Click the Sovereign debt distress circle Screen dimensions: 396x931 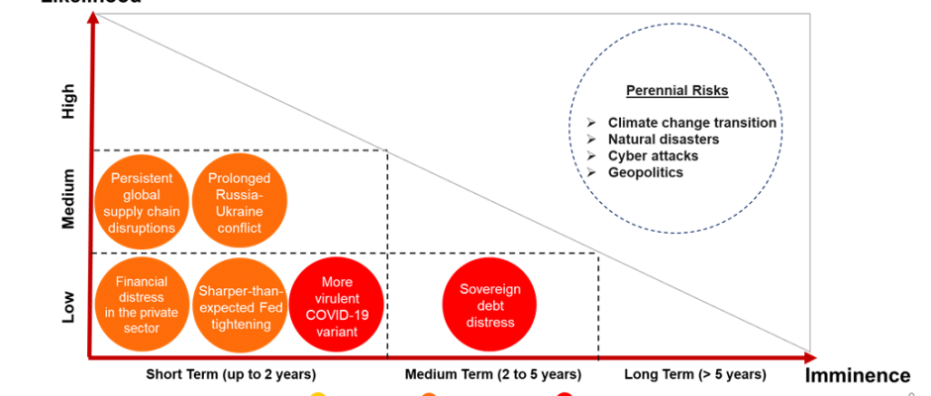489,303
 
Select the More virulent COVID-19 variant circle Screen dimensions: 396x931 338,303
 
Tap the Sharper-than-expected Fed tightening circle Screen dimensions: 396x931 241,303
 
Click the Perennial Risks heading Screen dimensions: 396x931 676,91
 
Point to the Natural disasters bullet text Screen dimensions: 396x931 663,140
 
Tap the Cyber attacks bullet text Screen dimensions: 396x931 653,156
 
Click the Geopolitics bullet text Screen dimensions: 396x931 646,172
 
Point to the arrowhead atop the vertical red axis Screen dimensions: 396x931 91,17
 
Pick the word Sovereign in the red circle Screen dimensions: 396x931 489,288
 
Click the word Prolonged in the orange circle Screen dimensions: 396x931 241,178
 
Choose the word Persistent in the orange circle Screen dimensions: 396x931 143,178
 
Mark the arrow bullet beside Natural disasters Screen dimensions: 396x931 590,140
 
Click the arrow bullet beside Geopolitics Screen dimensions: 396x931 590,172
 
